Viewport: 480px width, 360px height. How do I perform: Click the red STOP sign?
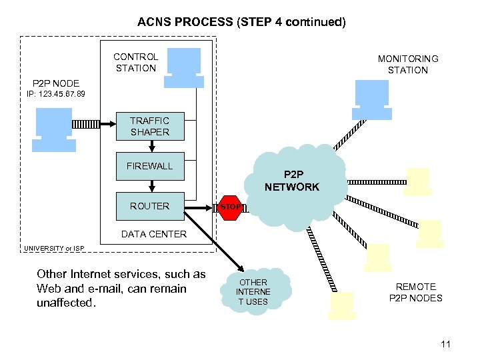tap(231, 207)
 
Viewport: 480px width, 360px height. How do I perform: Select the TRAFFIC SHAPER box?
tap(149, 126)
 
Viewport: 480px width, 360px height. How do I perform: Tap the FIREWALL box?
tap(149, 166)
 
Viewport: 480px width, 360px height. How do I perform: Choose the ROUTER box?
tap(149, 206)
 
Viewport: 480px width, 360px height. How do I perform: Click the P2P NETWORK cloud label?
tap(292, 181)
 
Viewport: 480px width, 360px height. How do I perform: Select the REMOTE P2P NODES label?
tap(415, 292)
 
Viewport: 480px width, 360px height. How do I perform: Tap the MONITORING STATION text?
tap(407, 65)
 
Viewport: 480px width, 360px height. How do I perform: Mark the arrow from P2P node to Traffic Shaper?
tap(85, 124)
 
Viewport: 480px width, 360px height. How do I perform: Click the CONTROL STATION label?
tap(135, 62)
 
